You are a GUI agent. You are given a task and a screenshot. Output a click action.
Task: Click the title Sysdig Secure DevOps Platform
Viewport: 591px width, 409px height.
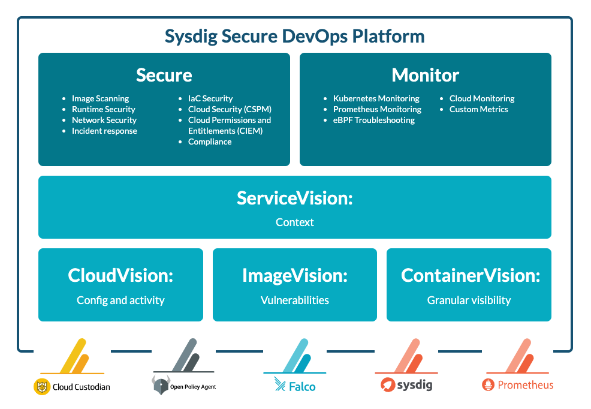(x=294, y=36)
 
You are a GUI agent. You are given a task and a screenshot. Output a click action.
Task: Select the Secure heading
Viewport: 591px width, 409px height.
(x=164, y=75)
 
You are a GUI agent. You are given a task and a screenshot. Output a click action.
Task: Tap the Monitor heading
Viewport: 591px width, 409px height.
(x=425, y=75)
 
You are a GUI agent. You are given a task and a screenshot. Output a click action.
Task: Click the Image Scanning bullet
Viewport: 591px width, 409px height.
(x=100, y=98)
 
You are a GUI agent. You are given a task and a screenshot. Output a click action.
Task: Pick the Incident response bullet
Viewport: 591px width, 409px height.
(x=104, y=131)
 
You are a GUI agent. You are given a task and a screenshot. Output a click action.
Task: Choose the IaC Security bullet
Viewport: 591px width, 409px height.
(x=210, y=98)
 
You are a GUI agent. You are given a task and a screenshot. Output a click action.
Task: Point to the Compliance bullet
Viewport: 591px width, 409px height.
(x=210, y=142)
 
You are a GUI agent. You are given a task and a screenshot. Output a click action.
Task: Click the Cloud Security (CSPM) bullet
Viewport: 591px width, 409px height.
(x=230, y=109)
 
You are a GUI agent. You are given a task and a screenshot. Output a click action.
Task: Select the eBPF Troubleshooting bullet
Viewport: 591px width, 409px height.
(x=373, y=120)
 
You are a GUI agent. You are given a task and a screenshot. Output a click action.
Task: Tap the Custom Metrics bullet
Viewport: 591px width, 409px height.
(x=478, y=109)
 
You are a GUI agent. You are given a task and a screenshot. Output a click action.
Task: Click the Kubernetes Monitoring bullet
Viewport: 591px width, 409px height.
(x=376, y=98)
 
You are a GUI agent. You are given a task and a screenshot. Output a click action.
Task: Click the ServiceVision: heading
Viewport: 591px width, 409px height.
(x=294, y=198)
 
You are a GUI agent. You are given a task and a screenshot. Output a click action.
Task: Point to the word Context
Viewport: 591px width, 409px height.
(x=294, y=222)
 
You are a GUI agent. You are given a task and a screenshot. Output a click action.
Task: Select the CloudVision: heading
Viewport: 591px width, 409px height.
(x=120, y=275)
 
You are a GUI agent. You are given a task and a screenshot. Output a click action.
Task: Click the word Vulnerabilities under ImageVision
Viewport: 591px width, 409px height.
(x=294, y=300)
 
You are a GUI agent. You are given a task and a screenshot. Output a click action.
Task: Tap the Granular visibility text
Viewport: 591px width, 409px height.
(x=469, y=300)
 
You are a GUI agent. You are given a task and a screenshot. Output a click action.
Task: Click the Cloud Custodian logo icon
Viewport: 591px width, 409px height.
(x=41, y=387)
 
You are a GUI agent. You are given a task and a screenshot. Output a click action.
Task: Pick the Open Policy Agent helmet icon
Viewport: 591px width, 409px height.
(x=160, y=386)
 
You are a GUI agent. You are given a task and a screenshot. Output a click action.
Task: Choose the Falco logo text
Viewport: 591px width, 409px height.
(x=302, y=386)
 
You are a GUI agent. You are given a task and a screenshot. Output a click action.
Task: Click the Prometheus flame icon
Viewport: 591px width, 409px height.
(x=489, y=385)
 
